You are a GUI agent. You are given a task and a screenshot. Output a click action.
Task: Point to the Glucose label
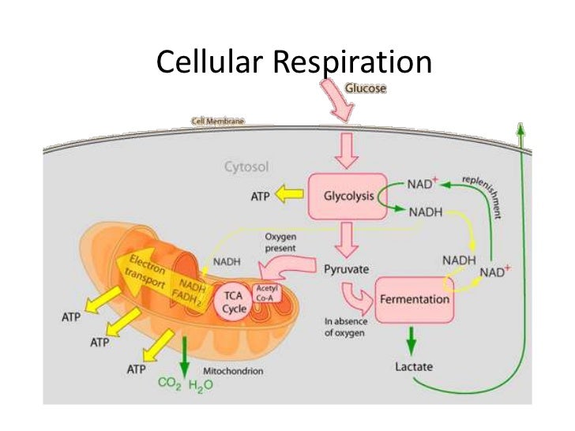click(364, 89)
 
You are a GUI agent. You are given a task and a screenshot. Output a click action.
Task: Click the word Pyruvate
click(348, 270)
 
